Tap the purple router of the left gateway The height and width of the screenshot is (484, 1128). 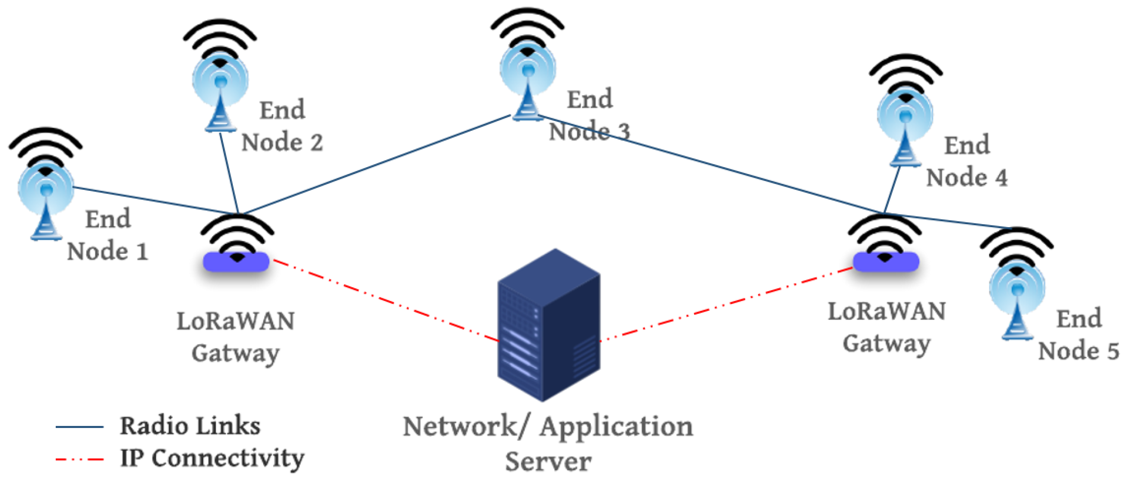[236, 262]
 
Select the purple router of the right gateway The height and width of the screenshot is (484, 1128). [886, 262]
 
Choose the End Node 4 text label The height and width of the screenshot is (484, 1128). [966, 162]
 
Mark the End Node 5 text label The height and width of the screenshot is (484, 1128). [1079, 335]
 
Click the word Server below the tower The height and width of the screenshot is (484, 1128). [548, 462]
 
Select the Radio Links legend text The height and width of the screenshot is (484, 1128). [190, 426]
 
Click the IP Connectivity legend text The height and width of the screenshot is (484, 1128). [212, 459]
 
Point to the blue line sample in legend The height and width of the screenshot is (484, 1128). [79, 427]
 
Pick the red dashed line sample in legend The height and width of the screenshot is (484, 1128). [79, 460]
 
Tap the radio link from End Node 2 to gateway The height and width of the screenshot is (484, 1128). [229, 173]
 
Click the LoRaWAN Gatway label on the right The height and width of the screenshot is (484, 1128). [886, 328]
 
